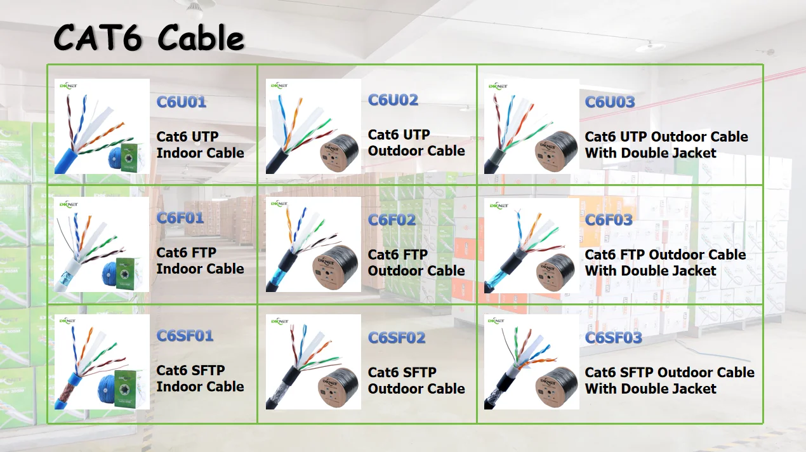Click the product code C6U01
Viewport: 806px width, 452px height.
(182, 102)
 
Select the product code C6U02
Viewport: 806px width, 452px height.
(393, 100)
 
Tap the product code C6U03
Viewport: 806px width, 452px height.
(610, 102)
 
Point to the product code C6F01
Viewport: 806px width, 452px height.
(180, 218)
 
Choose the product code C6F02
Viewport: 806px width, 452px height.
(392, 220)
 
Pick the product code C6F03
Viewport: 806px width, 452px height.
(609, 220)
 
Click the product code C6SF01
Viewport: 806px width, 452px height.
(185, 336)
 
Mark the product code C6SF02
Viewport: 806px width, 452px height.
(396, 338)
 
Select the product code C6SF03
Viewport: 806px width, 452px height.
(614, 338)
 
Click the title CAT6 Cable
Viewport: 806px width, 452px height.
(149, 38)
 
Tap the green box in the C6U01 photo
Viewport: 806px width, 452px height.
(133, 155)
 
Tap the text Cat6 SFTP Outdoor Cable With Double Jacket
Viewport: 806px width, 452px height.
(670, 380)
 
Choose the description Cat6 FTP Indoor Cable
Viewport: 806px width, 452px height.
(200, 261)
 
